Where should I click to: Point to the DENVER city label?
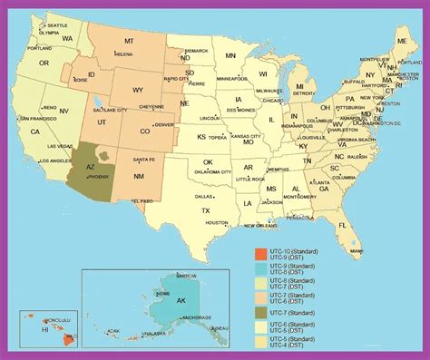(164, 125)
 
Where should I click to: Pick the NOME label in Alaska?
(163, 293)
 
